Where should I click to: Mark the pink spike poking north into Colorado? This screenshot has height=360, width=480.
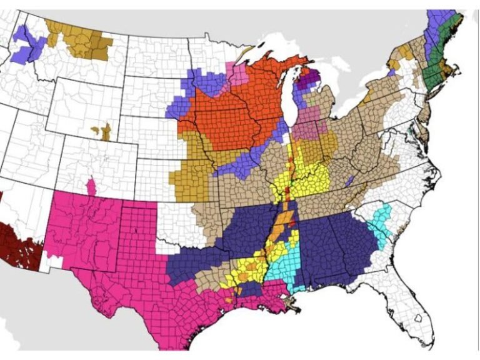pos(92,186)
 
